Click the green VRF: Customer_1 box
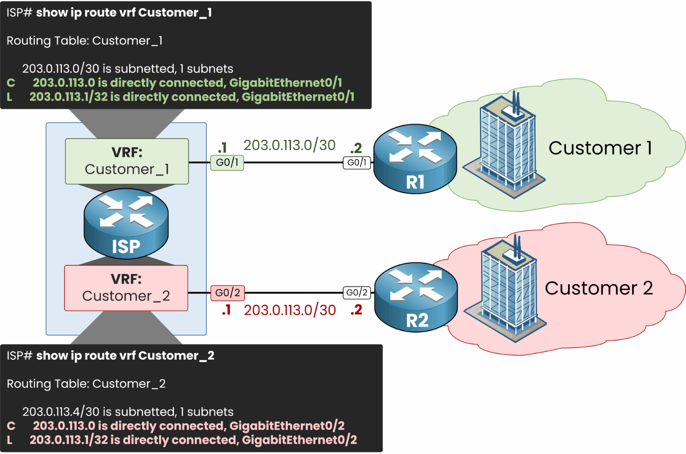(127, 161)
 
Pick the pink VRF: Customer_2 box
(126, 288)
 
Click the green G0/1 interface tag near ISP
(227, 163)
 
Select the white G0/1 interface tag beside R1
(356, 163)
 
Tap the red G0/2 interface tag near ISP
(227, 293)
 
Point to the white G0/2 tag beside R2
(356, 293)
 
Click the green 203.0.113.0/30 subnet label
(289, 145)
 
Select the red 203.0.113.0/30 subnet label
(289, 310)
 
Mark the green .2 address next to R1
(356, 148)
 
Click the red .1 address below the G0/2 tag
(226, 310)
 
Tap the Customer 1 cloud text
(600, 148)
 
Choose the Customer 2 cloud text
(598, 288)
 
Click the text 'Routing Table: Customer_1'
(84, 41)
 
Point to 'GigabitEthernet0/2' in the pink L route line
(299, 440)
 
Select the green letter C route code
(11, 83)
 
